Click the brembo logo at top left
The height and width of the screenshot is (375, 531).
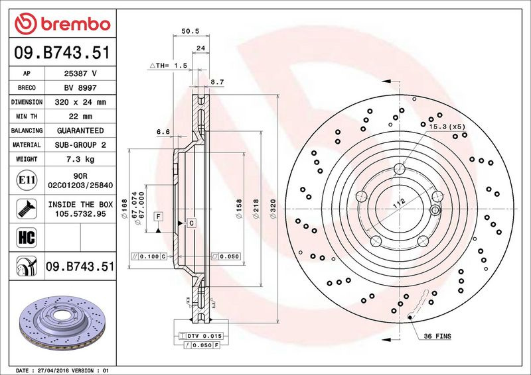[x=62, y=24]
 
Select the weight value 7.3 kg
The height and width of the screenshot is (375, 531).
[x=80, y=159]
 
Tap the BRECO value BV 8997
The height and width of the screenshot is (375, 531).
[x=80, y=87]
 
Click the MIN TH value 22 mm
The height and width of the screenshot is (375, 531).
[x=80, y=117]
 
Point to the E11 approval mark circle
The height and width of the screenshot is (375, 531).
[x=27, y=180]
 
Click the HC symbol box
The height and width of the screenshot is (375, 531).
[x=27, y=237]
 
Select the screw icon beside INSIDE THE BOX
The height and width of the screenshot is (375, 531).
[x=27, y=209]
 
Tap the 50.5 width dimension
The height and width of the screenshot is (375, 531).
[x=190, y=31]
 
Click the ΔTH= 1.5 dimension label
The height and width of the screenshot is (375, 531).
[x=169, y=66]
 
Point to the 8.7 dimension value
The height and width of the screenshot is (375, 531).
[x=217, y=82]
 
